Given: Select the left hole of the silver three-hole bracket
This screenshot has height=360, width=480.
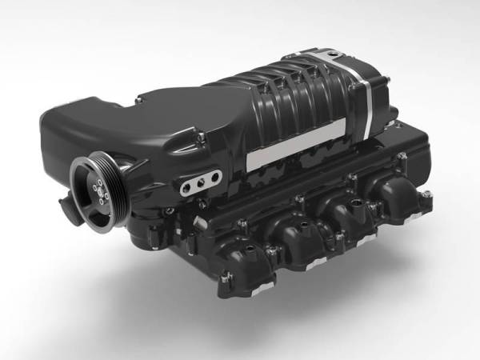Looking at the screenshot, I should (x=186, y=187).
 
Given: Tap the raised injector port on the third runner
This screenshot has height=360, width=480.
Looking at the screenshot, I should (x=352, y=205).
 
